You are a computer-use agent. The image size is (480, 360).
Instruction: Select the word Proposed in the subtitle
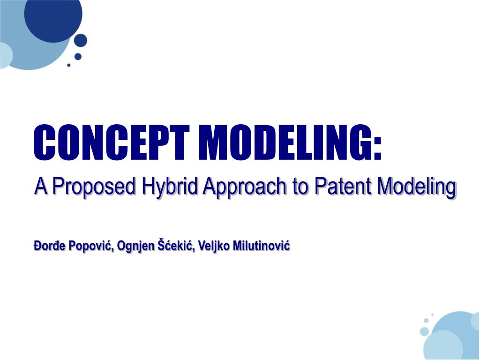click(x=92, y=188)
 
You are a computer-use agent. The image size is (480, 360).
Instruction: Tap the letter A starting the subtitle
click(x=41, y=187)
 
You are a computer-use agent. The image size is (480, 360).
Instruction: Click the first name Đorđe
click(x=48, y=246)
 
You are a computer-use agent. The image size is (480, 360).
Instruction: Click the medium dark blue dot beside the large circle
click(x=81, y=40)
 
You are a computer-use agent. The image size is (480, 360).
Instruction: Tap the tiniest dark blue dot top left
click(x=69, y=65)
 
